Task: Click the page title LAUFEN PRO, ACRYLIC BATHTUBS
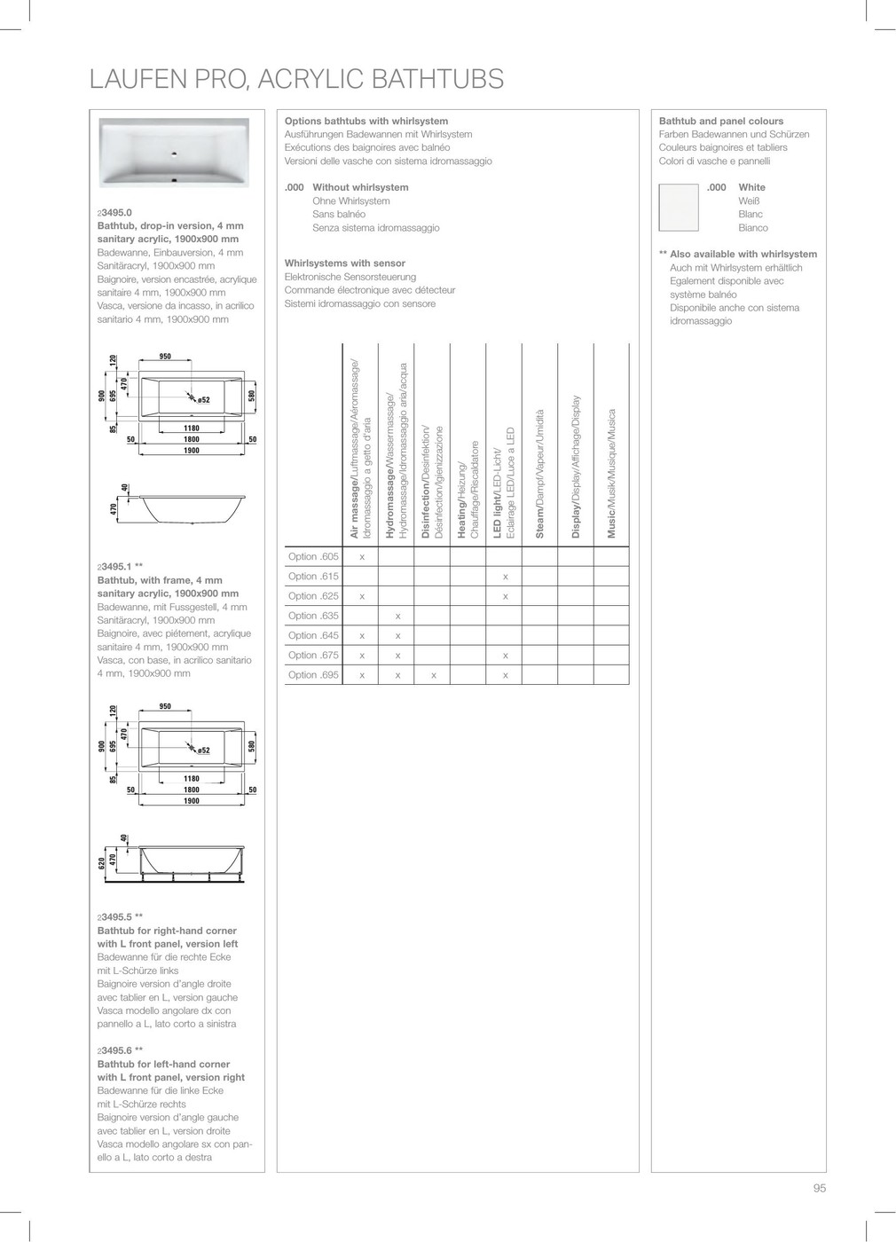(296, 80)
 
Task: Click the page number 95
(819, 1188)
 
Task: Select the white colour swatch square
(679, 207)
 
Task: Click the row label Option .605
(313, 556)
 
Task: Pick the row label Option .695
(313, 675)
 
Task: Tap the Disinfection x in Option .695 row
(433, 675)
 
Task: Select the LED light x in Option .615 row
(505, 577)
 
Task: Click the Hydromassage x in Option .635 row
(397, 616)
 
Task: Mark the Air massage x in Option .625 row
(362, 596)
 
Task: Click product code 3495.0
(115, 213)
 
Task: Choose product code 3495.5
(115, 917)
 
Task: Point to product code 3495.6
(115, 1050)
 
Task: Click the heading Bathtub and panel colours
(720, 121)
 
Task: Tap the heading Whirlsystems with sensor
(344, 263)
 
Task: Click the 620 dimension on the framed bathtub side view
(102, 861)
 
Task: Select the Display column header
(576, 467)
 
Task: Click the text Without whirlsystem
(360, 187)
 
